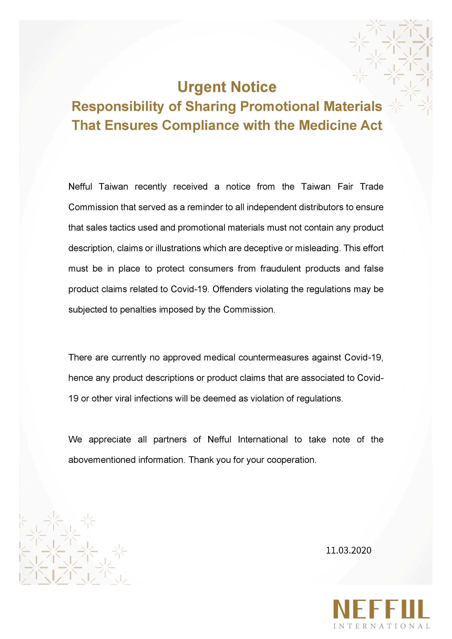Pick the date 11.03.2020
tap(349, 550)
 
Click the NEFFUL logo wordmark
tap(381, 609)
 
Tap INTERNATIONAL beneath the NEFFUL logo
tap(381, 626)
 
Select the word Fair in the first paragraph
tap(345, 187)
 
